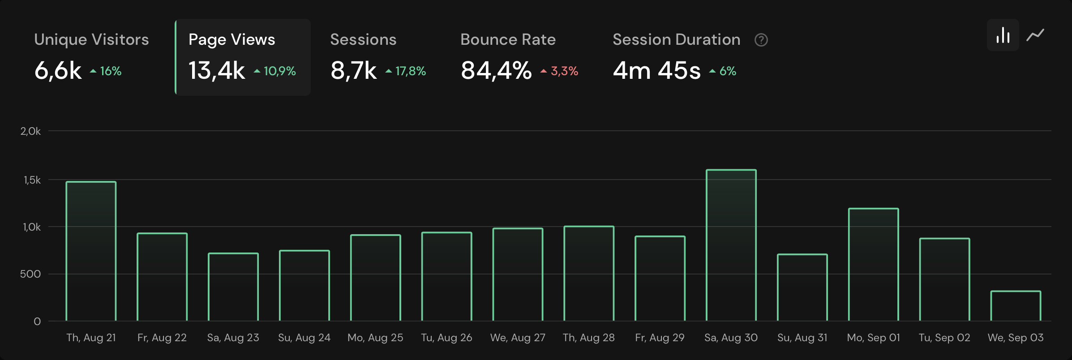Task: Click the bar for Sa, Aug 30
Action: (x=731, y=245)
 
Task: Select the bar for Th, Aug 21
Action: (x=91, y=251)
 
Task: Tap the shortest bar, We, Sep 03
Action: (x=1016, y=306)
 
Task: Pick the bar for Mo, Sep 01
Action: (x=873, y=265)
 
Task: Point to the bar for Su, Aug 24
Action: (x=304, y=286)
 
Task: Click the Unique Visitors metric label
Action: (x=91, y=39)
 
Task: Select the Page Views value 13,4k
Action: (x=217, y=70)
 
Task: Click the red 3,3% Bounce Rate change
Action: (x=560, y=71)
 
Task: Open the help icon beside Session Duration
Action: (x=761, y=40)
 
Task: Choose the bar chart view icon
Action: (x=1003, y=35)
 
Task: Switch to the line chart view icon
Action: (x=1035, y=35)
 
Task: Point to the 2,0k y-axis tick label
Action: (x=30, y=131)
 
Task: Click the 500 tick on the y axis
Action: (x=30, y=274)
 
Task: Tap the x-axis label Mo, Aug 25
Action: (x=375, y=338)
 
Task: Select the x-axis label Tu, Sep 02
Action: (x=944, y=338)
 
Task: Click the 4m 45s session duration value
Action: (x=656, y=70)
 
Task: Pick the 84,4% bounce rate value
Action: (x=496, y=70)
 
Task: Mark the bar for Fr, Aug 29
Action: (x=660, y=279)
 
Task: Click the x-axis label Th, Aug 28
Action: (x=589, y=338)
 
